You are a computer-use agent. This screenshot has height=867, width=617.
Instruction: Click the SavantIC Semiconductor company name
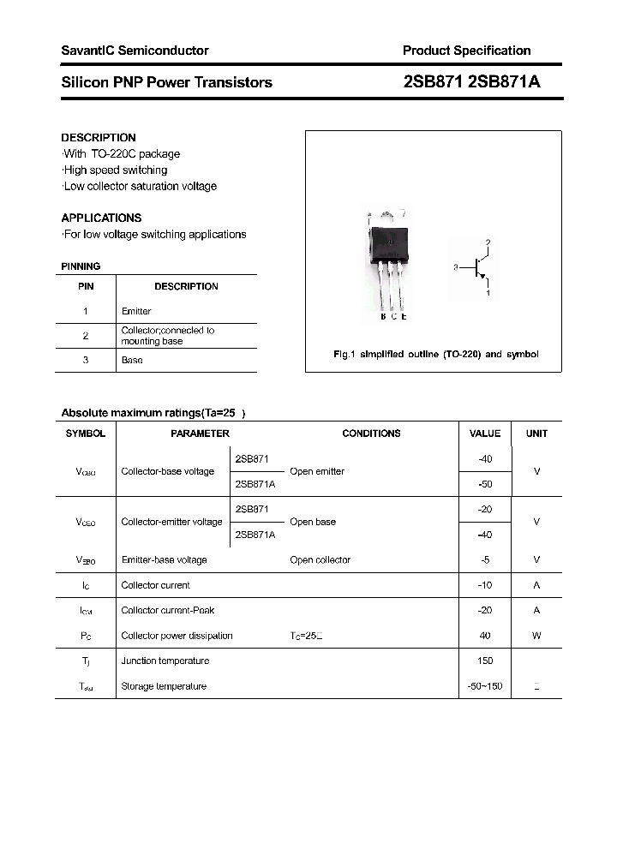click(135, 51)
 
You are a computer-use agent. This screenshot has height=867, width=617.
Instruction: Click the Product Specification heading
click(466, 51)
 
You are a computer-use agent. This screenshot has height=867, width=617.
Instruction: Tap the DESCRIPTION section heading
click(99, 137)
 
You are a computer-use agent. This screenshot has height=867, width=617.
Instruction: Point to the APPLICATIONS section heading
click(101, 218)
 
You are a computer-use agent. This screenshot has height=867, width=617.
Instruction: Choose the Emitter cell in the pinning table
click(136, 311)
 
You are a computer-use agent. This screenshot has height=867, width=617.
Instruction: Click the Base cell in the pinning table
click(132, 360)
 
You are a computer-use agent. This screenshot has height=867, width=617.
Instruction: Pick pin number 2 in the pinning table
click(86, 336)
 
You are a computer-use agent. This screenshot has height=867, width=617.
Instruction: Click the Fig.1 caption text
click(435, 354)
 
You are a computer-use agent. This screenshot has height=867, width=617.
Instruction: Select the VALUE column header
click(485, 433)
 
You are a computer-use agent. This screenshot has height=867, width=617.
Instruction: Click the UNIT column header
click(536, 433)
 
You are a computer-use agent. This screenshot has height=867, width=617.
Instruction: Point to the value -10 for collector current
click(485, 585)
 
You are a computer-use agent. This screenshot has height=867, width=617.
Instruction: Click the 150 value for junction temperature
click(485, 661)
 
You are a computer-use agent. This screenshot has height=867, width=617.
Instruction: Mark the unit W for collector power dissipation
click(536, 636)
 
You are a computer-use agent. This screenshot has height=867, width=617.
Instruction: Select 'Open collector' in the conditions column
click(320, 559)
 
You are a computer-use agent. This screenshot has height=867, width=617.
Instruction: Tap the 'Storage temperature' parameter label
click(164, 686)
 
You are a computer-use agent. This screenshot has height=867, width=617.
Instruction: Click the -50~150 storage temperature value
click(485, 686)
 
